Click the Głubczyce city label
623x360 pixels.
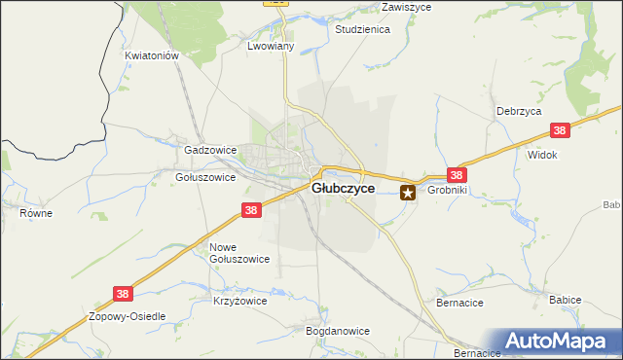(x=342, y=189)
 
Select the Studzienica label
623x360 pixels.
(x=361, y=30)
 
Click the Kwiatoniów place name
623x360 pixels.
(x=153, y=56)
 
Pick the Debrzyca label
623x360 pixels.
(x=518, y=111)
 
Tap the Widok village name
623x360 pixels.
(x=541, y=155)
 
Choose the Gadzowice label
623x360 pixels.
(x=210, y=151)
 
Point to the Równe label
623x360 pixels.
(x=36, y=213)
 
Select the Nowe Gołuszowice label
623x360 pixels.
(x=239, y=253)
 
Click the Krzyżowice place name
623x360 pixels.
(x=239, y=302)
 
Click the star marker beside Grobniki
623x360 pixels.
(x=409, y=193)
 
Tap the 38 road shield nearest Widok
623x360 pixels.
(x=559, y=130)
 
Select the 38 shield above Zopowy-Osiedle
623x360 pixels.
(x=123, y=293)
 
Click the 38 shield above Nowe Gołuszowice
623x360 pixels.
(x=251, y=210)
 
